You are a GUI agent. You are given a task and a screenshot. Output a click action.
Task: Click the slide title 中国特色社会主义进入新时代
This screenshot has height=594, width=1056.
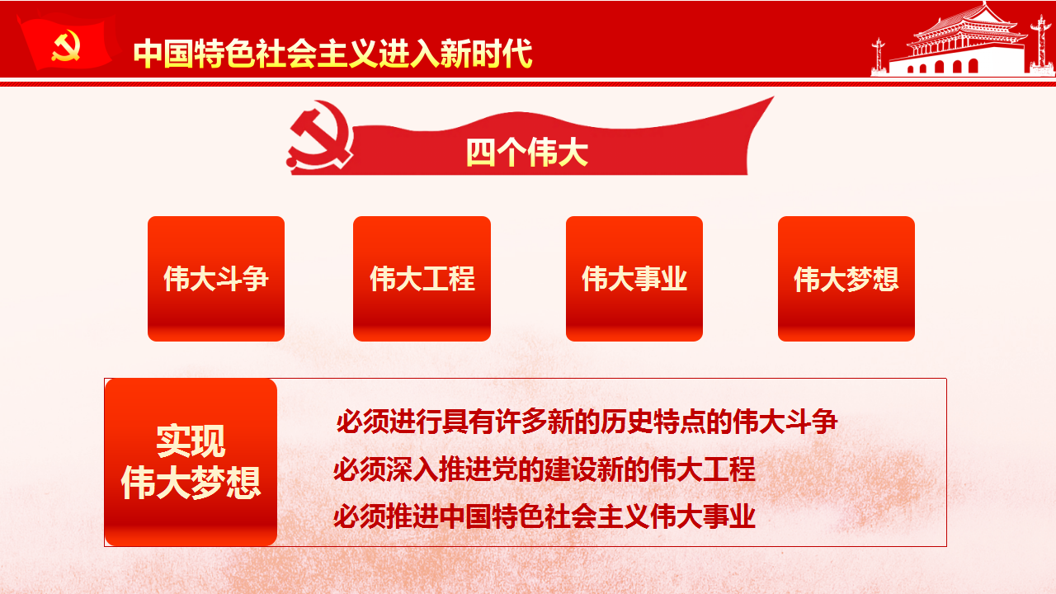pyautogui.click(x=332, y=54)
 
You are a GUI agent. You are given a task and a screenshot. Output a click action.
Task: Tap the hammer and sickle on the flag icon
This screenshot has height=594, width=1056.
pyautogui.click(x=65, y=45)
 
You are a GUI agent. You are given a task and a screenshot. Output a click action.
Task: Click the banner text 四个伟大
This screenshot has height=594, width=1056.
pyautogui.click(x=526, y=153)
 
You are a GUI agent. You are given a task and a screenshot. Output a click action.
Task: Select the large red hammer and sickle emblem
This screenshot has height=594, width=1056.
pyautogui.click(x=320, y=135)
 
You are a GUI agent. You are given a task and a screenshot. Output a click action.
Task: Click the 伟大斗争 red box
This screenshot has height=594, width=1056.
pyautogui.click(x=216, y=279)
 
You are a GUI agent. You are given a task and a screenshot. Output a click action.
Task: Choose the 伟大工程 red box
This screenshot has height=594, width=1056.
pyautogui.click(x=422, y=279)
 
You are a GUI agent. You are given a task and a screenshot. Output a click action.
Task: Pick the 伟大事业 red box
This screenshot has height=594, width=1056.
pyautogui.click(x=634, y=279)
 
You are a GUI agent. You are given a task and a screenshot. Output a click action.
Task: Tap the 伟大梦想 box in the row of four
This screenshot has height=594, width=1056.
pyautogui.click(x=846, y=279)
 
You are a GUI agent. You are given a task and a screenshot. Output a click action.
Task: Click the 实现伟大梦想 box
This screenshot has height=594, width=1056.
pyautogui.click(x=191, y=463)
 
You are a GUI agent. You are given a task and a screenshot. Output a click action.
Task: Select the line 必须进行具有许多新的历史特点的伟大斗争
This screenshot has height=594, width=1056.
pyautogui.click(x=587, y=422)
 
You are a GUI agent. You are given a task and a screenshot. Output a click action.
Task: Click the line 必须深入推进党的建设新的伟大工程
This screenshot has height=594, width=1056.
pyautogui.click(x=544, y=469)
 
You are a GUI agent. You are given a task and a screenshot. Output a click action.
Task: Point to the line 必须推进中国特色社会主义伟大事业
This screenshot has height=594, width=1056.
pyautogui.click(x=544, y=516)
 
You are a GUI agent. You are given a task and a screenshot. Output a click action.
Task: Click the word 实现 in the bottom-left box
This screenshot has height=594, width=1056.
pyautogui.click(x=191, y=441)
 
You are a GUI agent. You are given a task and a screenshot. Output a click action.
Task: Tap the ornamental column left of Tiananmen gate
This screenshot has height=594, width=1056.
pyautogui.click(x=879, y=57)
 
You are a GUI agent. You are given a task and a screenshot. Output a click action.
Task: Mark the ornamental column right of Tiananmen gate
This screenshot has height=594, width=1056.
pyautogui.click(x=1041, y=45)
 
